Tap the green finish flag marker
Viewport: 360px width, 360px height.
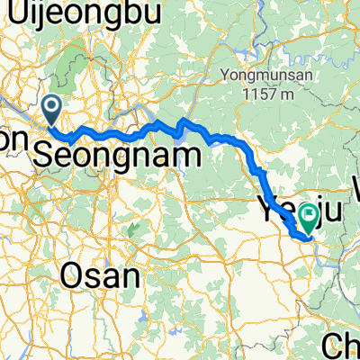311,214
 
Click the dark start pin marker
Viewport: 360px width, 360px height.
52,110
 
